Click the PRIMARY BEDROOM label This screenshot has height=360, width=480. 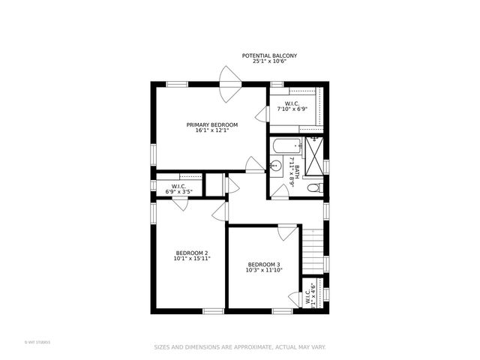pos(211,124)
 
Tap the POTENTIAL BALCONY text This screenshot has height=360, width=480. pos(269,55)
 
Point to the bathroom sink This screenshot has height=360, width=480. pos(275,166)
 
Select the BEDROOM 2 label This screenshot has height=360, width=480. pos(192,253)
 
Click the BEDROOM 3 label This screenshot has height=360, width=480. pos(264,265)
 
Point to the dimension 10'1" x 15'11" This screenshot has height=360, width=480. pos(192,259)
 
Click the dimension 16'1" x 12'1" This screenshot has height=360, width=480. pos(211,130)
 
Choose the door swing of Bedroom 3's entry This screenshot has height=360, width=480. pos(286,232)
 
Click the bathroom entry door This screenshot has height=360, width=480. pos(279,190)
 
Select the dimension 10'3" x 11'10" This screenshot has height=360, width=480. pos(264,271)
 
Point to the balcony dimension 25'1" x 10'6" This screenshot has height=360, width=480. pos(269,61)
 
